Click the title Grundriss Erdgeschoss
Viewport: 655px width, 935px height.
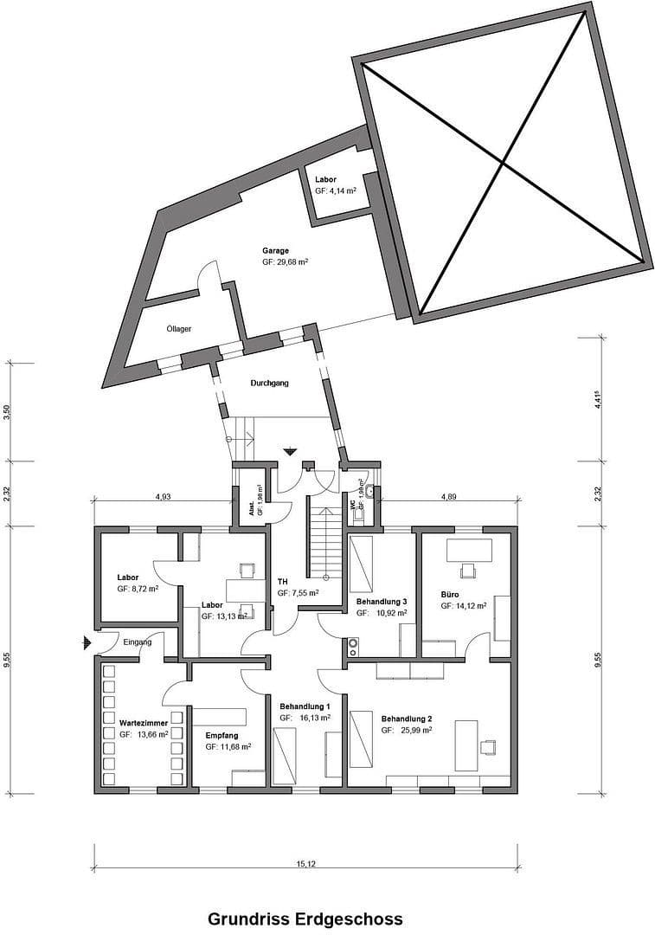tap(305, 919)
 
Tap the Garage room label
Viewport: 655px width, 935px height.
tap(275, 251)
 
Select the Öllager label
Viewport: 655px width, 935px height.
tap(178, 329)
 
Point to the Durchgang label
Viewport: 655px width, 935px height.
tap(269, 382)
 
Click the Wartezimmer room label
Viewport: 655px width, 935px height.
tap(144, 720)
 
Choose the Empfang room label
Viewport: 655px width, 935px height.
tap(222, 735)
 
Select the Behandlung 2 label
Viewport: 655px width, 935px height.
tap(407, 719)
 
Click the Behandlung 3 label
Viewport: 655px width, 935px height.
tap(382, 601)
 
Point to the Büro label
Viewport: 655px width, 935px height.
tap(449, 595)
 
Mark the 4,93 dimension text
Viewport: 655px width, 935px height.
tap(163, 496)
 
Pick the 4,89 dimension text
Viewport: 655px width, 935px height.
tap(449, 496)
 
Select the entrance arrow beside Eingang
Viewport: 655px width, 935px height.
tap(86, 642)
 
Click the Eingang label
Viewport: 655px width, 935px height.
tap(138, 642)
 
